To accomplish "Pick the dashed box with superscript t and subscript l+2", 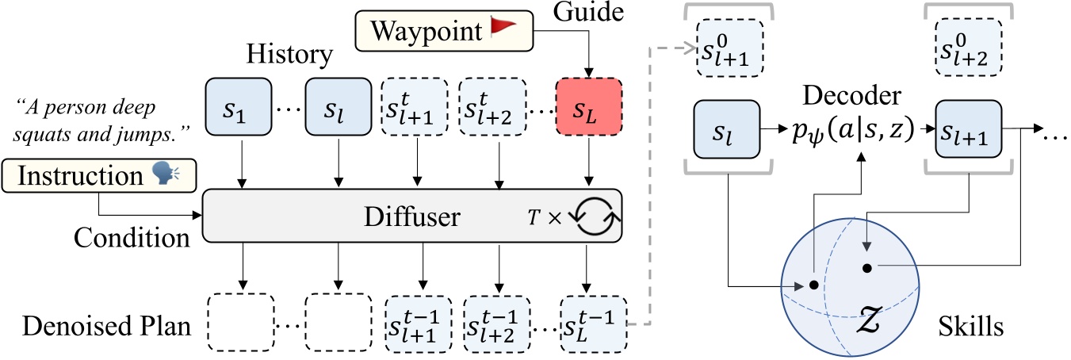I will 497,107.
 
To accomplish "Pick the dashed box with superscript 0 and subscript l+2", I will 968,46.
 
